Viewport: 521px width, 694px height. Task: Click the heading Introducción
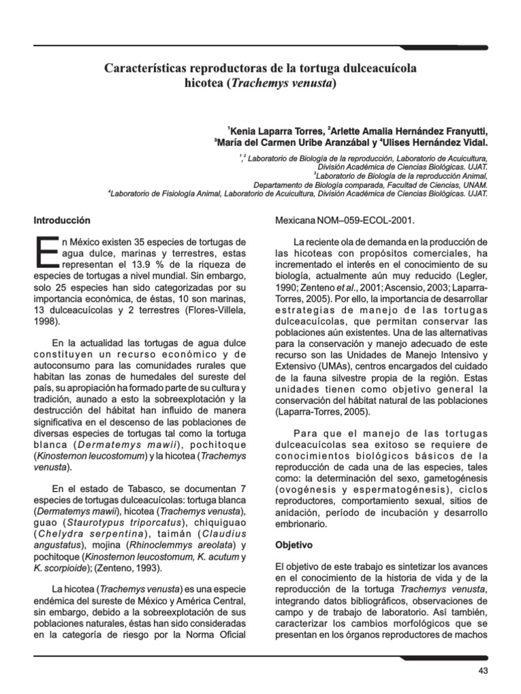[62, 220]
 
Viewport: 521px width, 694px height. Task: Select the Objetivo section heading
[294, 544]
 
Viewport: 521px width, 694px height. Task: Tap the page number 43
[483, 670]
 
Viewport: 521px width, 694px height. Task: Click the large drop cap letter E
[45, 253]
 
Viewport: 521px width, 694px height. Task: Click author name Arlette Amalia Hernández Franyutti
[409, 131]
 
